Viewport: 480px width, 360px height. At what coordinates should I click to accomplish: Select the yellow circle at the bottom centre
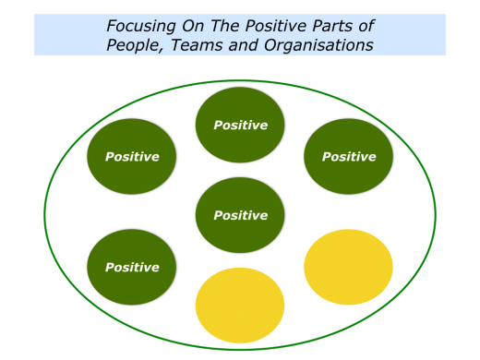click(240, 305)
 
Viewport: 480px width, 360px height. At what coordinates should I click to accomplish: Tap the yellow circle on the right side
click(348, 267)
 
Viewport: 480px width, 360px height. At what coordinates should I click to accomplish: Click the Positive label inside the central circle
click(240, 215)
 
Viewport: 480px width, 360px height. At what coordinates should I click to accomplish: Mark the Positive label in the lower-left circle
click(132, 268)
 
